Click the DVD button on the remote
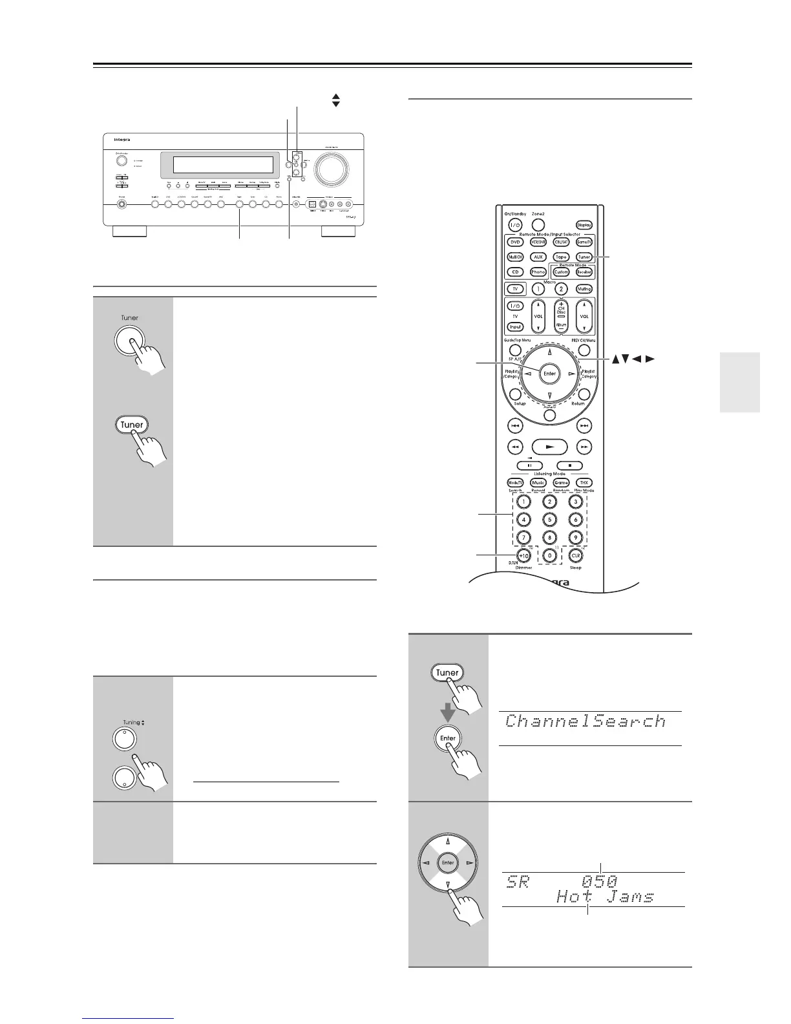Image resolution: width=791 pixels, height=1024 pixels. (515, 242)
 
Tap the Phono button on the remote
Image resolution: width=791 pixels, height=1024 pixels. (538, 272)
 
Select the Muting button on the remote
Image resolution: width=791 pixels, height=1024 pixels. (584, 289)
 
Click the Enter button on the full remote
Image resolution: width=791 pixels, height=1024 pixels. (549, 373)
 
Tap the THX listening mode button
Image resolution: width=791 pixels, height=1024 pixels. (584, 482)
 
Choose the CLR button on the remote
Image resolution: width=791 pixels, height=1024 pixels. (575, 555)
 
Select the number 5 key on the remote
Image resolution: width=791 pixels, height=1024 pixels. (549, 519)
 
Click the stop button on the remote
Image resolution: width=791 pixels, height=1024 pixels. (569, 465)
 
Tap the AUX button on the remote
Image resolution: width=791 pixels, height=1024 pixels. (538, 257)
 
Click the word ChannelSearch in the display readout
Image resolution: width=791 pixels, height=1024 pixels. (585, 721)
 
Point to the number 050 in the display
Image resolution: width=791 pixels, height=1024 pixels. (599, 881)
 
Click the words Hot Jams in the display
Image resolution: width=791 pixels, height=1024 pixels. (605, 897)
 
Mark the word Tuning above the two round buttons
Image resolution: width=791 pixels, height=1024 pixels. (131, 722)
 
